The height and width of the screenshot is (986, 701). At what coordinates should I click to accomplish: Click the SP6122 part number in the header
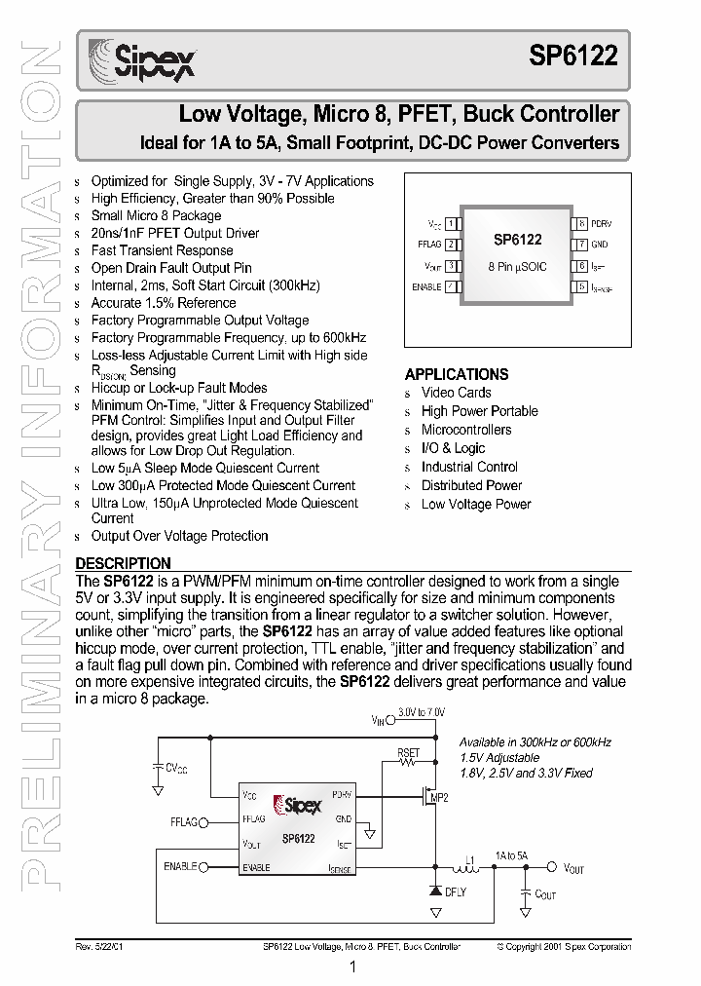573,57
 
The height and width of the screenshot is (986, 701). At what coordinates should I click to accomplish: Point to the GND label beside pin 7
599,245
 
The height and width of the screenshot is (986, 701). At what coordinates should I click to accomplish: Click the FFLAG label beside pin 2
429,245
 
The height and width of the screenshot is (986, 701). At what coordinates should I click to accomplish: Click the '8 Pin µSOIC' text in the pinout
517,266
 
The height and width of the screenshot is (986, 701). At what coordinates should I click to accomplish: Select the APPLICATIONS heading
457,374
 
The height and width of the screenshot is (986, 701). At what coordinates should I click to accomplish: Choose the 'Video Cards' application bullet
456,393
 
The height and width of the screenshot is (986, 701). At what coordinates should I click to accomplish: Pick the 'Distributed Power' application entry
471,485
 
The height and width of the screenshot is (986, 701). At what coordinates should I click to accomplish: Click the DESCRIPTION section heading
124,563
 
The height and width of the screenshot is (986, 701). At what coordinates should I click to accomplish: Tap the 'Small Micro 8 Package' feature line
156,215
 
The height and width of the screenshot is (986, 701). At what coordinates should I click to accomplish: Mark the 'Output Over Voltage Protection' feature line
179,536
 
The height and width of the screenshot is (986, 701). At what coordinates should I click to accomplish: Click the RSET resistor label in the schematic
408,753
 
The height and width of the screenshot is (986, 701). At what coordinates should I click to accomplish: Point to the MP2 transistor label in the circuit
439,799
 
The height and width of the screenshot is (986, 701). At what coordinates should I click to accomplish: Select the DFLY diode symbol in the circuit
434,889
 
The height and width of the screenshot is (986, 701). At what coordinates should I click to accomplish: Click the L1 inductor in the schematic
456,866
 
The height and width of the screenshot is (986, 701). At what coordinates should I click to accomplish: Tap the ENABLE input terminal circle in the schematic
203,865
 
